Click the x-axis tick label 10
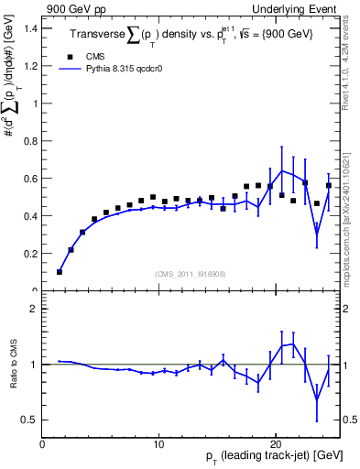[x=158, y=445]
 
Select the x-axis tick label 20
[x=275, y=445]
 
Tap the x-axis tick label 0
[x=42, y=445]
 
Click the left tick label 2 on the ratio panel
[x=33, y=309]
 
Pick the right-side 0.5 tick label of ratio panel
[x=350, y=420]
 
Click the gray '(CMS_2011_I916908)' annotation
[x=190, y=274]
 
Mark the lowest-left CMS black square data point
[x=60, y=271]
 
